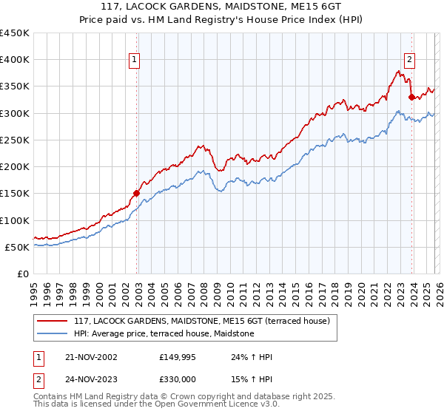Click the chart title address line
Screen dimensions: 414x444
pos(222,7)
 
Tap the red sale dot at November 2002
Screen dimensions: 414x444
pos(137,194)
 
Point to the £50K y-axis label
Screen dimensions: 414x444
pos(17,247)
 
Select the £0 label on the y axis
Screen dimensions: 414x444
pos(23,274)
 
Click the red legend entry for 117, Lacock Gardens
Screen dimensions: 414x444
pos(206,321)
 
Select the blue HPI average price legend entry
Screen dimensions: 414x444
pos(164,333)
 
